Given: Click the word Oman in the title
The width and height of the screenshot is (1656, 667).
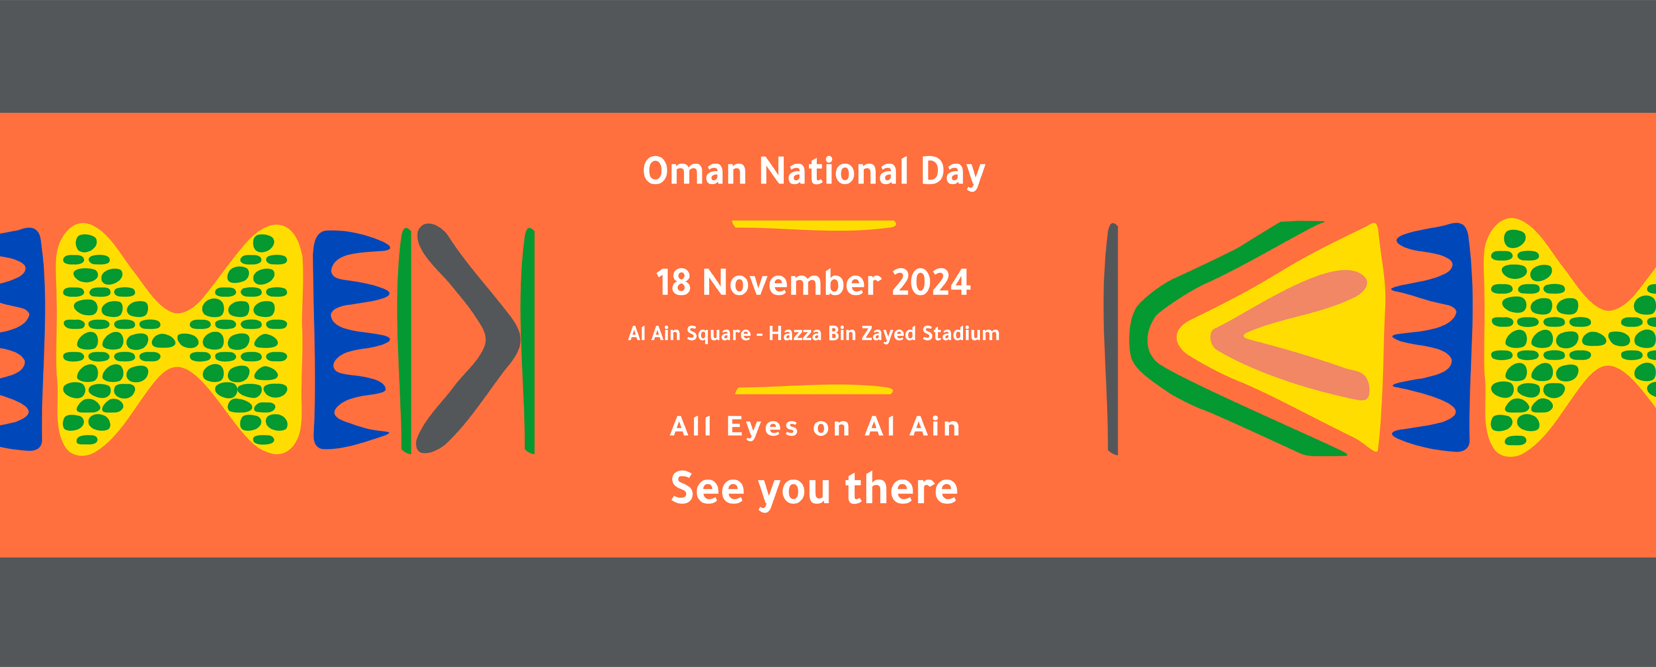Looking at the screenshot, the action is click(x=694, y=171).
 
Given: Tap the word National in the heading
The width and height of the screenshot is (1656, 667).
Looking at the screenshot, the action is click(x=834, y=171).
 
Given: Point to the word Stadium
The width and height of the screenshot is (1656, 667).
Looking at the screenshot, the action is click(x=961, y=333).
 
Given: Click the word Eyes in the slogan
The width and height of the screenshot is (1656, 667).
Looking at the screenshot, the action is click(x=763, y=427).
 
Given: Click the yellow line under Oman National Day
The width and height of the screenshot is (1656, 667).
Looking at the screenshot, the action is click(x=814, y=225).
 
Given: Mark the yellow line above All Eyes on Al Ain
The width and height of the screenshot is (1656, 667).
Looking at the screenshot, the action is click(x=814, y=390).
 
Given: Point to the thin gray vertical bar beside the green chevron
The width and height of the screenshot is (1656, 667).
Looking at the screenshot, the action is click(x=1112, y=339).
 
